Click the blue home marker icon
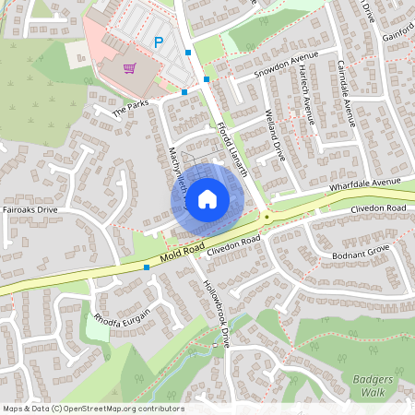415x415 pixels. [207, 198]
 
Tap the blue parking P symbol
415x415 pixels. [159, 41]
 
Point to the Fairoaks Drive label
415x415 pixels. [30, 210]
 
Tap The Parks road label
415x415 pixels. [130, 109]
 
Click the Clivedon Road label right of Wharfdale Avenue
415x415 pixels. [378, 210]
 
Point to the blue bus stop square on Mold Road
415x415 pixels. [147, 267]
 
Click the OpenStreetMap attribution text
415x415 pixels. [93, 409]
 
